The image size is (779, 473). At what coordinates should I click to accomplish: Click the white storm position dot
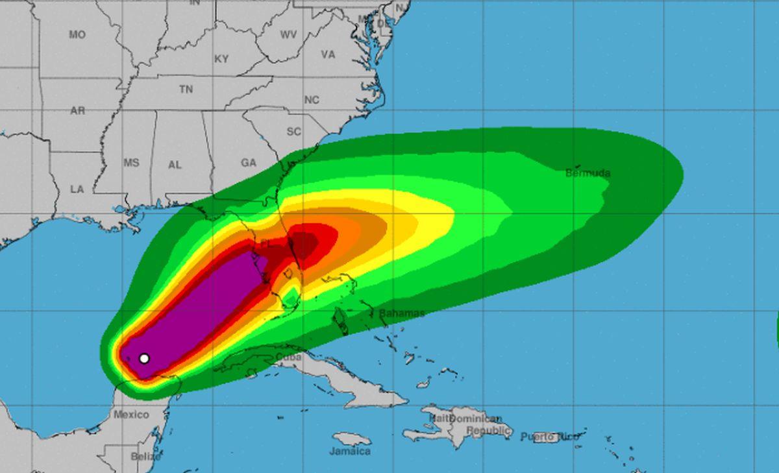point(144,358)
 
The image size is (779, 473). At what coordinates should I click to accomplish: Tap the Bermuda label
point(587,173)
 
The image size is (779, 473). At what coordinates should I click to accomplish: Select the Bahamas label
point(401,313)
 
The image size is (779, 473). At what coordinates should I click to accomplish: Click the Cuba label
point(289,358)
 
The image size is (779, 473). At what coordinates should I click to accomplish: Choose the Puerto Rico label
point(549,437)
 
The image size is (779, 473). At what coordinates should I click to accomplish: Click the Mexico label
point(131,415)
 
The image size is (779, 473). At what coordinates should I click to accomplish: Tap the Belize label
point(145,456)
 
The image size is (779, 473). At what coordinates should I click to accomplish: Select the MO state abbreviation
point(77,35)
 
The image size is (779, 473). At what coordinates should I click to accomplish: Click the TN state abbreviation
point(186,90)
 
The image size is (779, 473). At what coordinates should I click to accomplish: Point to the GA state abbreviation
point(249,163)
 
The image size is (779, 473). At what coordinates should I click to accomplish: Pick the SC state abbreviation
point(293,132)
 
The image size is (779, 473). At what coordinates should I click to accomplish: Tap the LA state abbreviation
point(77,189)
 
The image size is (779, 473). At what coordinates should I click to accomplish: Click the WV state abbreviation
point(288,35)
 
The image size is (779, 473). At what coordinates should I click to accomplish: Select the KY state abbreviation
point(221,59)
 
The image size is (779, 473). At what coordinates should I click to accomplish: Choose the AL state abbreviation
point(175,165)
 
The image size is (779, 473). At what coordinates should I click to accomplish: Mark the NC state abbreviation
point(312,100)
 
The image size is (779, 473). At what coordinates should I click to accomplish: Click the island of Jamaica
point(351,439)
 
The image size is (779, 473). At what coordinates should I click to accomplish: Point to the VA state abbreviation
point(328,55)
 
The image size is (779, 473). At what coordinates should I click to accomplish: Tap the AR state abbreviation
point(77,111)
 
